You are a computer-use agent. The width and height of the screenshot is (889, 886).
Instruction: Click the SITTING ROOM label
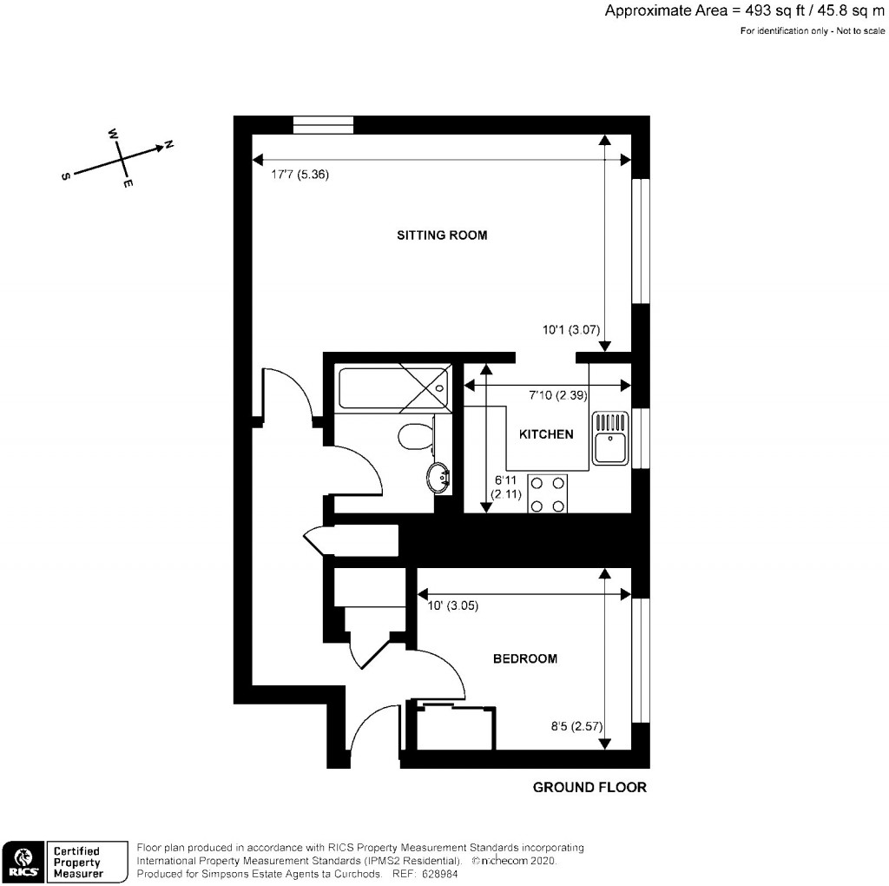[442, 235]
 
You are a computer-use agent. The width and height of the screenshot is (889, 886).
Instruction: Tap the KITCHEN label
[546, 434]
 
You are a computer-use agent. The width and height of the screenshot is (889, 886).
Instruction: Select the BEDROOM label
[525, 658]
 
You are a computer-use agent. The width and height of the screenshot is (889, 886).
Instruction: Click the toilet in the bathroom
[416, 436]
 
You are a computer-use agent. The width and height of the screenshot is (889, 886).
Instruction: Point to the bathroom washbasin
[438, 478]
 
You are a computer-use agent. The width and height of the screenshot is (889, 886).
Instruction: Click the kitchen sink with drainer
[610, 437]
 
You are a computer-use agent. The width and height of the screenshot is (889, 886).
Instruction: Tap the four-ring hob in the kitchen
[547, 493]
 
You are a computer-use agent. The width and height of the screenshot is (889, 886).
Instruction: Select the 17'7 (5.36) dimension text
[300, 174]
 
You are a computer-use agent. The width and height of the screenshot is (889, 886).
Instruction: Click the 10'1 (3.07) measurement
[571, 329]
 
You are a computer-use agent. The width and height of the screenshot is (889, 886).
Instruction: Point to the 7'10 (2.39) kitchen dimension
[558, 394]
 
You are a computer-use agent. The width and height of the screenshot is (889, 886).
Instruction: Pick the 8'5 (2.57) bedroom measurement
[576, 726]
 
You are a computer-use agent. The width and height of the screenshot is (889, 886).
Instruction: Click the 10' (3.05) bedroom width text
[452, 605]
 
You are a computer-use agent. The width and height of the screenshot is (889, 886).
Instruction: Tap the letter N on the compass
[168, 145]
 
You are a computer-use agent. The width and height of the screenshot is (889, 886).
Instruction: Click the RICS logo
[23, 862]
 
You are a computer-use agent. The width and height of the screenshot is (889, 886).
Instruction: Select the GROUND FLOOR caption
[589, 787]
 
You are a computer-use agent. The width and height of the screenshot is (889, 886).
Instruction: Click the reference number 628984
[440, 874]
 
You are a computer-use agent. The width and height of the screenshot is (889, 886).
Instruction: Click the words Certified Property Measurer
[78, 863]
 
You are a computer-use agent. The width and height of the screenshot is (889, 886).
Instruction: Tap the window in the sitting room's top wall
[324, 125]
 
